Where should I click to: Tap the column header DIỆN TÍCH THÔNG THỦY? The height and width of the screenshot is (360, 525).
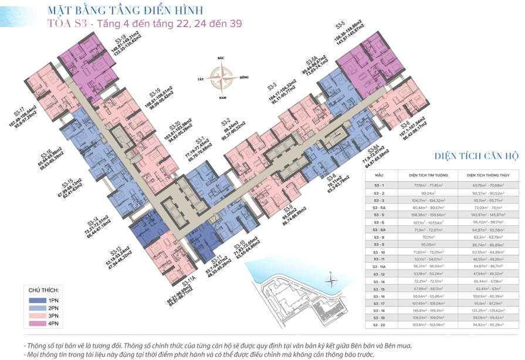(x=491, y=175)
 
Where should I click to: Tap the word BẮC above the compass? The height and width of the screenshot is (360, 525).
(x=221, y=60)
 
